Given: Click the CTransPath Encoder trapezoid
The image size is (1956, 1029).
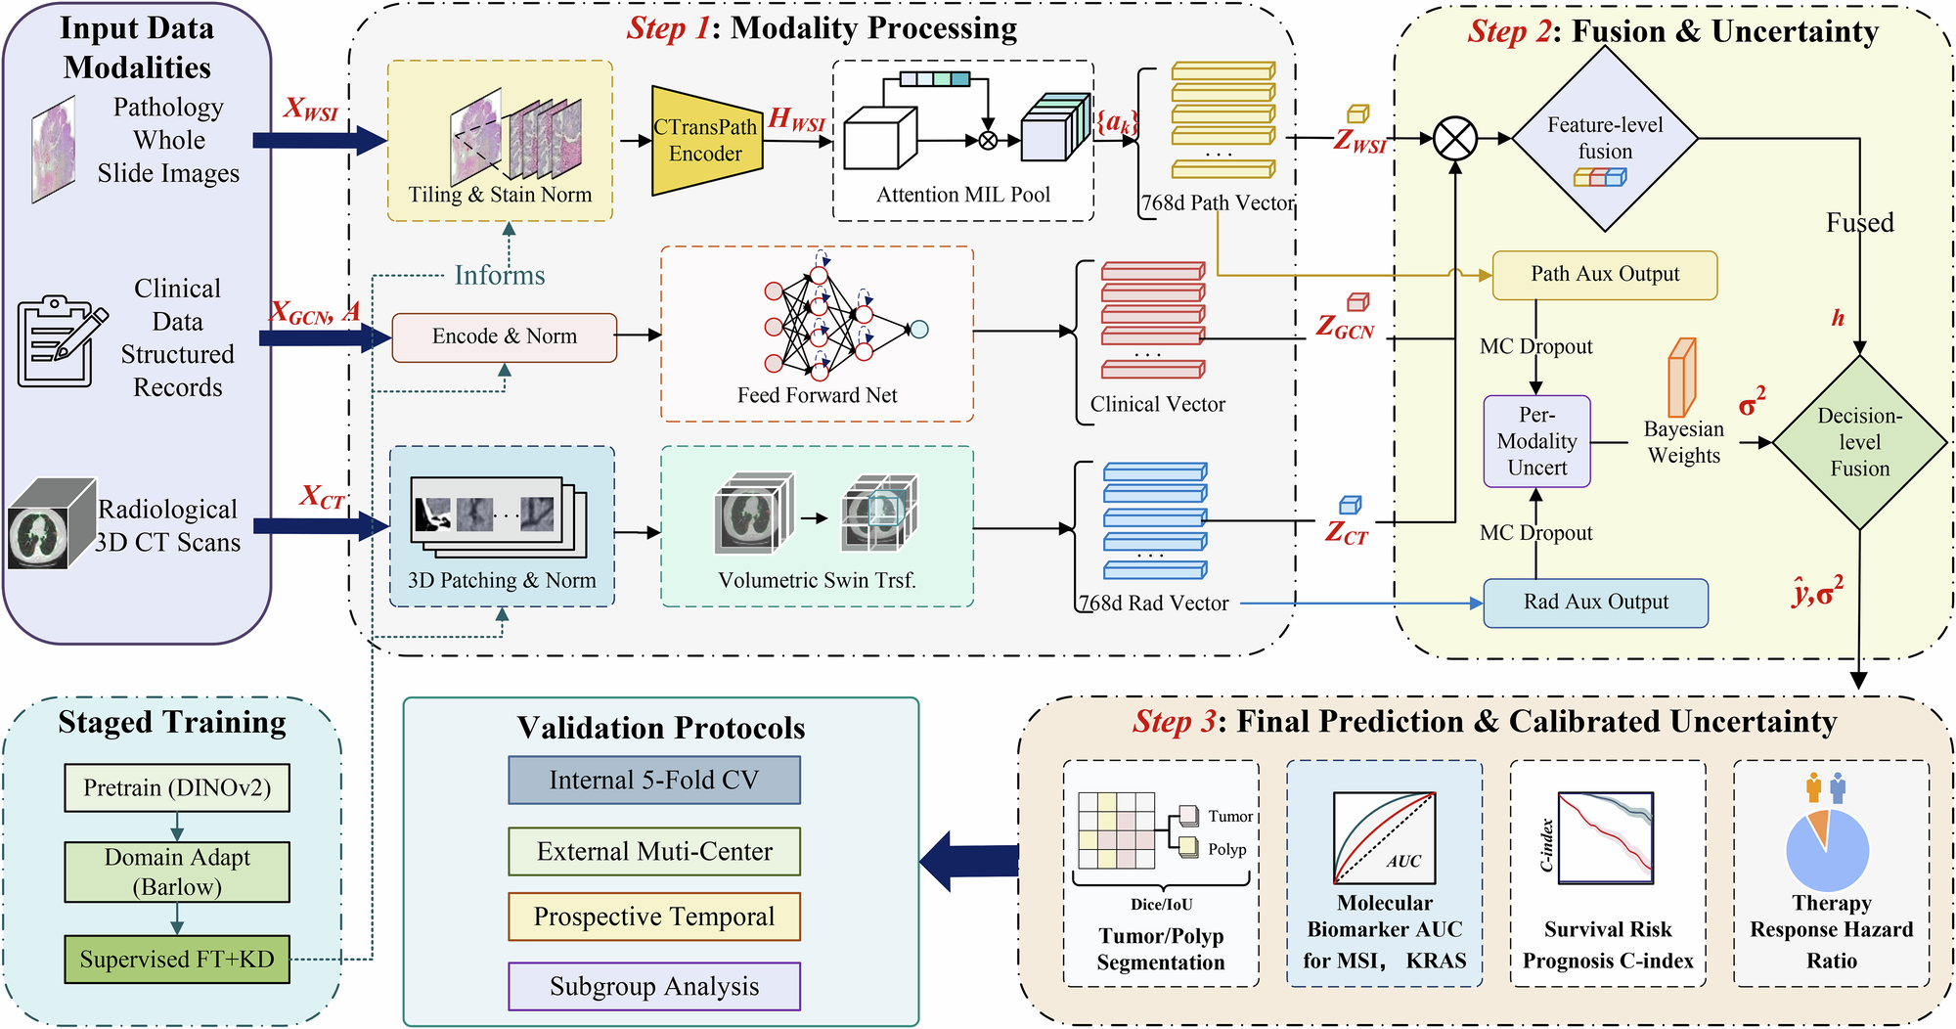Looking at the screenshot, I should pyautogui.click(x=706, y=140).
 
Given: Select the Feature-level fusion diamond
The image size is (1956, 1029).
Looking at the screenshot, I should pyautogui.click(x=1605, y=139).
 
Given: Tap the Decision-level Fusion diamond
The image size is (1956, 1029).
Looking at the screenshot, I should pyautogui.click(x=1859, y=442).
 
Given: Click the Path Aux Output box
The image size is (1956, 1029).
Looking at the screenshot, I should pyautogui.click(x=1604, y=275).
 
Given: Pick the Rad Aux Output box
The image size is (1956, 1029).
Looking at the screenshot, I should pyautogui.click(x=1595, y=603).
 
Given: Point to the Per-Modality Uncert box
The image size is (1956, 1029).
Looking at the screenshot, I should pyautogui.click(x=1536, y=441).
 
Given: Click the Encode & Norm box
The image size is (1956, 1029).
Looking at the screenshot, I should pyautogui.click(x=504, y=336).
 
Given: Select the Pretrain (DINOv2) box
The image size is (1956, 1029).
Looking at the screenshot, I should pyautogui.click(x=177, y=788).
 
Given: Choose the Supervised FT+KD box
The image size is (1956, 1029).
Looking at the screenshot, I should pyautogui.click(x=177, y=960).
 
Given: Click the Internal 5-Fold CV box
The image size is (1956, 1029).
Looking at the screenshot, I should pyautogui.click(x=653, y=781).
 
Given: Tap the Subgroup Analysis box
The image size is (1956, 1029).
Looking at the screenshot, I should pyautogui.click(x=653, y=986).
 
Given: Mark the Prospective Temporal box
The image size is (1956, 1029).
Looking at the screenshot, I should pyautogui.click(x=653, y=917).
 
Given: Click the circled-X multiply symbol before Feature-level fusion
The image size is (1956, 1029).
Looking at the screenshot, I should pyautogui.click(x=1455, y=139).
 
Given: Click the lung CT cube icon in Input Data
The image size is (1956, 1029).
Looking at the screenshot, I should pyautogui.click(x=51, y=524).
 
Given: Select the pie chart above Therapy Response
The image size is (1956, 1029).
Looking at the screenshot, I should pyautogui.click(x=1827, y=849).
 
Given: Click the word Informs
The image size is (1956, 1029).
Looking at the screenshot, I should pyautogui.click(x=499, y=275).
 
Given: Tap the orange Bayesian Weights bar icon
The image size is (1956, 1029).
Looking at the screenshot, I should pyautogui.click(x=1681, y=378).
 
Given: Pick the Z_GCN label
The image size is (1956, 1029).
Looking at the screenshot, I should pyautogui.click(x=1345, y=327).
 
